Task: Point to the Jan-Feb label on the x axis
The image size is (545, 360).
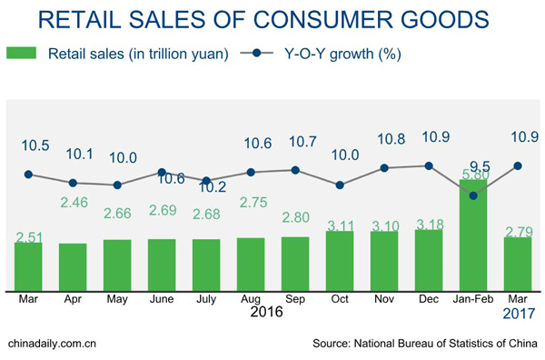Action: click(473, 298)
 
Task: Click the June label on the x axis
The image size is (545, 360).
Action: click(161, 298)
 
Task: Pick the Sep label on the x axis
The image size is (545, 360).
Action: click(295, 298)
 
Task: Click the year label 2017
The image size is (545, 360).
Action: click(518, 314)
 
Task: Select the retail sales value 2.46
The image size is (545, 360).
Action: click(74, 204)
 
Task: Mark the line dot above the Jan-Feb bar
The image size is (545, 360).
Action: click(473, 192)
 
